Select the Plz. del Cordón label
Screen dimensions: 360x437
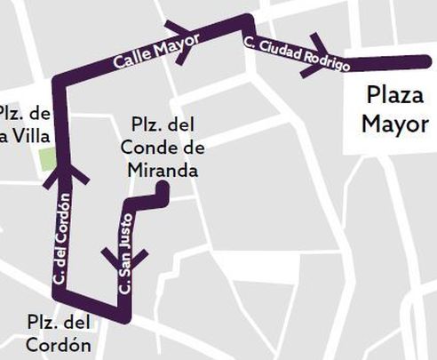(60, 334)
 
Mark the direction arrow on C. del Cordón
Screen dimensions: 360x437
(65, 173)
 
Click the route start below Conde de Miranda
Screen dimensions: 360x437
(162, 188)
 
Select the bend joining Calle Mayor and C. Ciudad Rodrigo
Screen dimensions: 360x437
(248, 21)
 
